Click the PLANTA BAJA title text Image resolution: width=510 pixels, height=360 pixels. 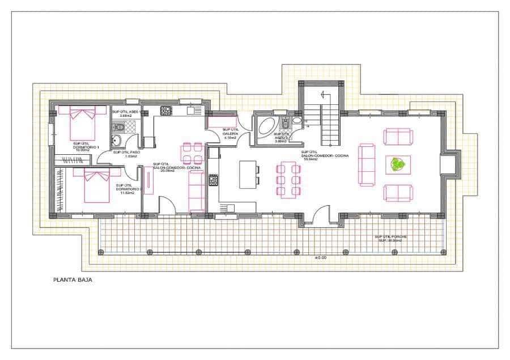click(x=73, y=279)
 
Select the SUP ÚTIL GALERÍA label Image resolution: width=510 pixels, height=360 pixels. click(x=230, y=133)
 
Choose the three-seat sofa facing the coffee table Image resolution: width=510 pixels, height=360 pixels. click(x=366, y=164)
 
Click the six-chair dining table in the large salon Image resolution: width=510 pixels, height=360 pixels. click(x=288, y=179)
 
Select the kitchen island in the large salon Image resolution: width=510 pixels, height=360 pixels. click(x=247, y=175)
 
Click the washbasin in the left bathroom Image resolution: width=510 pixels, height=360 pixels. click(x=118, y=142)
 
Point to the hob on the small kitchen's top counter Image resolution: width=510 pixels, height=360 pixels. click(x=166, y=111)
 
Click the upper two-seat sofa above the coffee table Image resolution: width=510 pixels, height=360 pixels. click(x=398, y=137)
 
